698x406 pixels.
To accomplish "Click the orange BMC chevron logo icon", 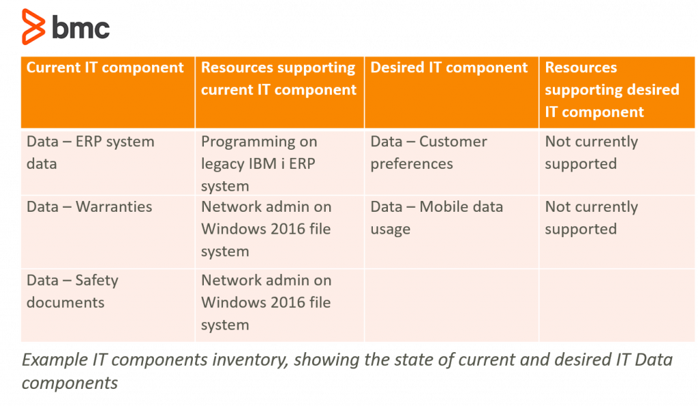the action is [x=33, y=27].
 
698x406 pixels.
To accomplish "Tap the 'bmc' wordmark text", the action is [x=80, y=27].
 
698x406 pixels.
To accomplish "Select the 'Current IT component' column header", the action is [x=105, y=67].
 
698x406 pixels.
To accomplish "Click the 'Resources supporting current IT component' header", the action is [x=279, y=79].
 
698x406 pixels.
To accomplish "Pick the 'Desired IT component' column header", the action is [x=449, y=67].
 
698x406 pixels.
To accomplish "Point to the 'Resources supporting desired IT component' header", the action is [x=612, y=89].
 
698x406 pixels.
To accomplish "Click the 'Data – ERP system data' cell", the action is [x=91, y=153].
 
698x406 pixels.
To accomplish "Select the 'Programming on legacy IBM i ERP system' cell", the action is [x=259, y=163].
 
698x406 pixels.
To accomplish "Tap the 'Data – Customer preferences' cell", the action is [x=429, y=153].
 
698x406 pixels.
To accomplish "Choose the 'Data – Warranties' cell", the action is [x=89, y=207].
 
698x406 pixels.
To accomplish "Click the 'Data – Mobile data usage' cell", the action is [x=437, y=218].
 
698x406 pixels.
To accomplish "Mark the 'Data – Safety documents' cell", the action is [x=72, y=292].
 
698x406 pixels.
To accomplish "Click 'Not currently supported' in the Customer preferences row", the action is [x=591, y=153].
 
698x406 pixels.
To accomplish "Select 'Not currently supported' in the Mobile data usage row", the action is [x=591, y=218].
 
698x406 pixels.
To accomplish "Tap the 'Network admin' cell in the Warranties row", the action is [x=267, y=229].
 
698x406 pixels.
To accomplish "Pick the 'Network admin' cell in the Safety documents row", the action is [x=267, y=302].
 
